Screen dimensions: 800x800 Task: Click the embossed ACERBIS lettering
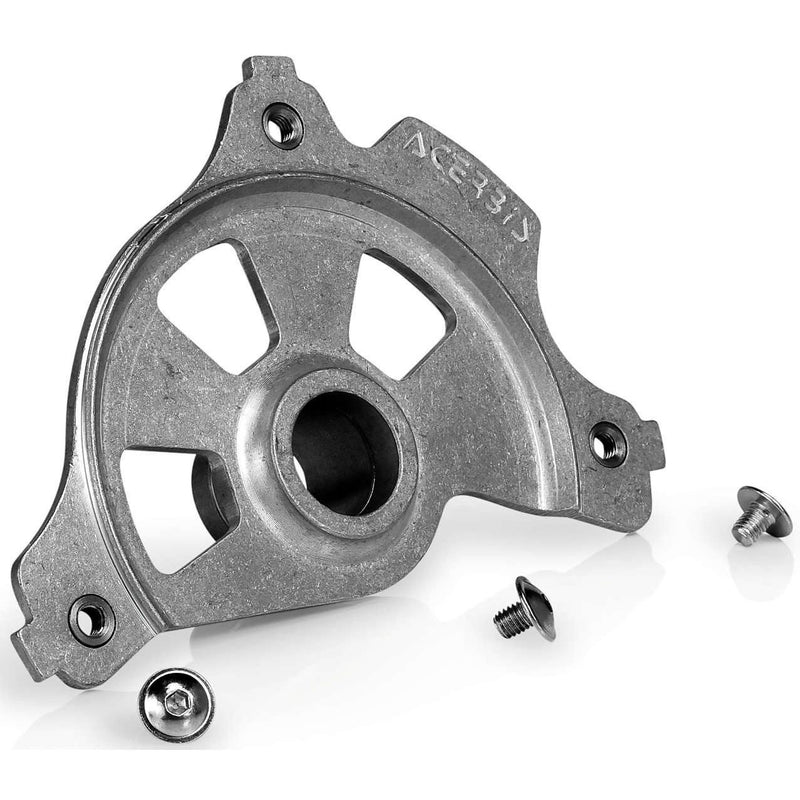pyautogui.click(x=470, y=181)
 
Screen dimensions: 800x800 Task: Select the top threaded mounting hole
pyautogui.click(x=283, y=125)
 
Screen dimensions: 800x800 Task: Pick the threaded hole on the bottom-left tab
pyautogui.click(x=91, y=619)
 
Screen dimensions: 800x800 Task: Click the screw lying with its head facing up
pyautogui.click(x=176, y=704)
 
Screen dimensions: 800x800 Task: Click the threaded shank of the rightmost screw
pyautogui.click(x=746, y=528)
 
